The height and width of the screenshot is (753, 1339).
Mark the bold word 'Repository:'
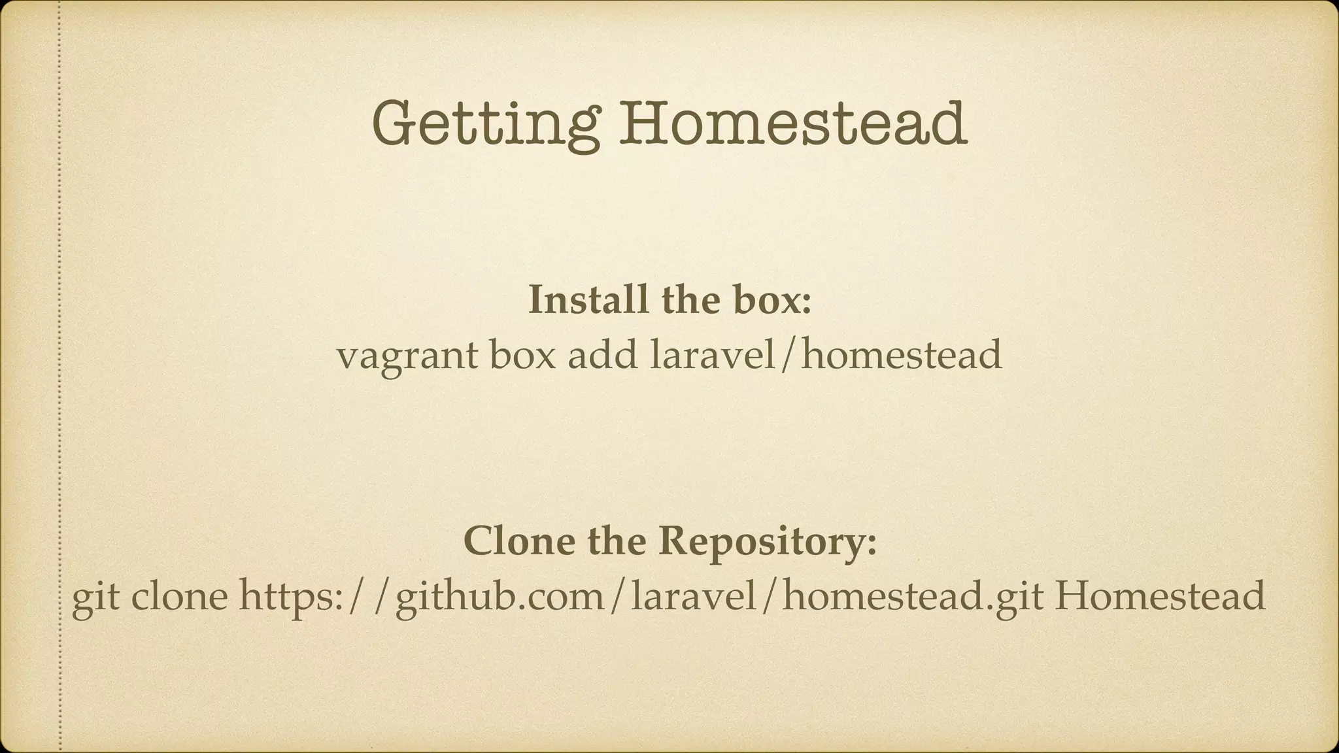click(767, 543)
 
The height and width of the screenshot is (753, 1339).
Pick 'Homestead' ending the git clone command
click(1160, 597)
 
